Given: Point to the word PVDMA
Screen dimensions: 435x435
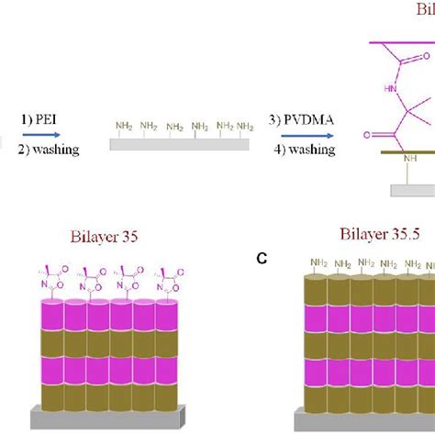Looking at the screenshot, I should pos(311,119).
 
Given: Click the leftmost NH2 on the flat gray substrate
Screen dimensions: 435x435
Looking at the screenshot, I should pos(124,126).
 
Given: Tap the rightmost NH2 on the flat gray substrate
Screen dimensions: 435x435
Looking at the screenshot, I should pos(245,126).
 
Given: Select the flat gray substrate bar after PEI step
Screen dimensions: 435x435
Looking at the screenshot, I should pos(179,144).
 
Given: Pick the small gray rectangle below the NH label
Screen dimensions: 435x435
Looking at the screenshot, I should pos(412,189).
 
